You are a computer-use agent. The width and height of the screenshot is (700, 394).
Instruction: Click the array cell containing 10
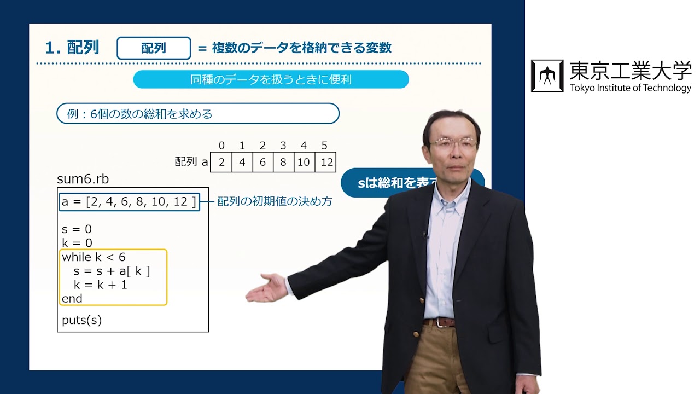coord(304,163)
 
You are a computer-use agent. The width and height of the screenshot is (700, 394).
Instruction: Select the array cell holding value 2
coord(221,163)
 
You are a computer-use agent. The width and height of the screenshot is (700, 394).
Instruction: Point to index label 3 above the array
coord(283,146)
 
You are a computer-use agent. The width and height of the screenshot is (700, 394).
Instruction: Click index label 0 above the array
coord(221,146)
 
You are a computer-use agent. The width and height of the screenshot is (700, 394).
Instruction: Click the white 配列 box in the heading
coord(154,48)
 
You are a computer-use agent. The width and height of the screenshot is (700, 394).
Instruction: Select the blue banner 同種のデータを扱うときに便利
coord(271,79)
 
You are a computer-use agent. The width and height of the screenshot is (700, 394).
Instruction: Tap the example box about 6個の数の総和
coord(198,114)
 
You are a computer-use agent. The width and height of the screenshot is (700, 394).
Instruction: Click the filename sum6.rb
coord(79,179)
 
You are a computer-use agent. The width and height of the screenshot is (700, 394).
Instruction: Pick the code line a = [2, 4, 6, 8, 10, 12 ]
coord(129,202)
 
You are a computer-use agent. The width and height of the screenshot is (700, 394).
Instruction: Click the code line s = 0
coord(77,229)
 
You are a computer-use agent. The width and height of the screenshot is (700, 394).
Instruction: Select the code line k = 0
coord(77,243)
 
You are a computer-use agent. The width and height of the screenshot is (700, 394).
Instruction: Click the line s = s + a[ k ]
coord(112,271)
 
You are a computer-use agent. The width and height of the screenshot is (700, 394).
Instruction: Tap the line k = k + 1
coord(100,285)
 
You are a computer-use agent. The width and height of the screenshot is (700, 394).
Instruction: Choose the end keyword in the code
coord(72,299)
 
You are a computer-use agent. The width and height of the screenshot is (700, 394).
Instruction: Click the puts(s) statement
coord(82,320)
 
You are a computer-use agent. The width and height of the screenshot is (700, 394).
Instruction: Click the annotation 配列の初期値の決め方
coord(275,201)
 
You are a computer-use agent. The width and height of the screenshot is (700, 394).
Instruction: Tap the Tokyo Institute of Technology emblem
coord(547,76)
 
